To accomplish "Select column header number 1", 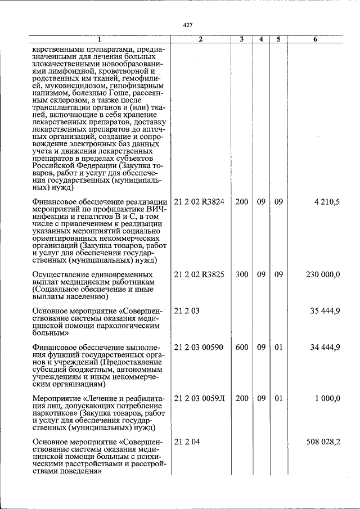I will pos(100,39).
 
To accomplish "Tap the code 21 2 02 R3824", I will pos(199,201).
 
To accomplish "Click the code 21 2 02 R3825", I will pos(199,274).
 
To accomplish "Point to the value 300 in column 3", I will pos(242,274).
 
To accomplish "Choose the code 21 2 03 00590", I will pos(199,347).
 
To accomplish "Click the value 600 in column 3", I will pos(242,347).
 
